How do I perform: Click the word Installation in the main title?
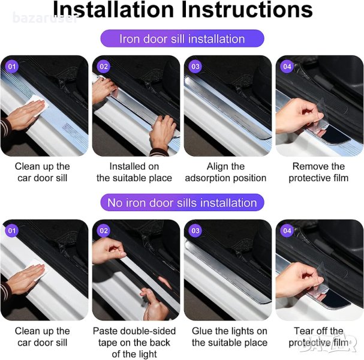pyautogui.click(x=113, y=9)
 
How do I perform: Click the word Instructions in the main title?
pyautogui.click(x=247, y=9)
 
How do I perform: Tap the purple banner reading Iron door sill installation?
pyautogui.click(x=182, y=38)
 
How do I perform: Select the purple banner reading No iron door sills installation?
pyautogui.click(x=182, y=203)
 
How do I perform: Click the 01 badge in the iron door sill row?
pyautogui.click(x=11, y=67)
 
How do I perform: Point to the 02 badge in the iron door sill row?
pyautogui.click(x=104, y=67)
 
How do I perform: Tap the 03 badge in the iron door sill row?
pyautogui.click(x=195, y=67)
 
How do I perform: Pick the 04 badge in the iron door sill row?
pyautogui.click(x=287, y=67)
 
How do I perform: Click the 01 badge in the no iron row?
pyautogui.click(x=11, y=230)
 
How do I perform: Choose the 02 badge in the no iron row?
pyautogui.click(x=104, y=230)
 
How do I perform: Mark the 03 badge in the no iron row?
pyautogui.click(x=195, y=230)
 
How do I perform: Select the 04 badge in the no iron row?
pyautogui.click(x=287, y=230)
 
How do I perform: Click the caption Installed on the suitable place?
pyautogui.click(x=134, y=172)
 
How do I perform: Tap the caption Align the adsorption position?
pyautogui.click(x=225, y=172)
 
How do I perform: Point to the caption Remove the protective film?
pyautogui.click(x=318, y=172)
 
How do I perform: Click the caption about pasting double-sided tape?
pyautogui.click(x=134, y=343)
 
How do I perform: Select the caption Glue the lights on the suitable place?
pyautogui.click(x=229, y=337)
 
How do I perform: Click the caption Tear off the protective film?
pyautogui.click(x=318, y=337)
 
